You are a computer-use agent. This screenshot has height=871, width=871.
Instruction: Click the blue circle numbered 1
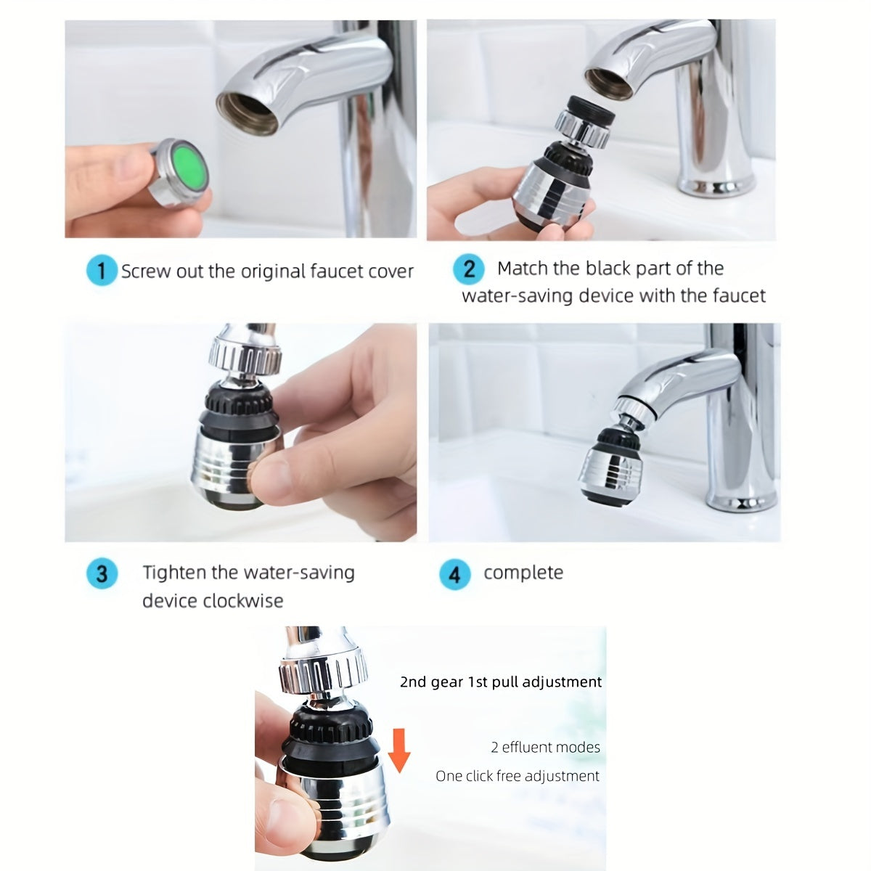[101, 271]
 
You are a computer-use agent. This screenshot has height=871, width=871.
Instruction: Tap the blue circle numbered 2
[469, 269]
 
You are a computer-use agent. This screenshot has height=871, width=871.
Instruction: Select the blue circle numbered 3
[101, 573]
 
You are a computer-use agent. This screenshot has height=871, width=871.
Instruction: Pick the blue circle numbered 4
[454, 575]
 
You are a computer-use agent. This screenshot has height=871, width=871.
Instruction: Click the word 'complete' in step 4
[523, 573]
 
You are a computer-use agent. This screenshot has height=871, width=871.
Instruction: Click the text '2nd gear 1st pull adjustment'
[501, 682]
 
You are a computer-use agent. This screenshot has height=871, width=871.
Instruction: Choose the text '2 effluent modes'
[546, 747]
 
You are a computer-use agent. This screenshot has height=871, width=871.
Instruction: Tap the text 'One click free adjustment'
[518, 776]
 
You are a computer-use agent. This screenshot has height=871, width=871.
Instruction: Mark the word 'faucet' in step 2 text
[739, 296]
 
